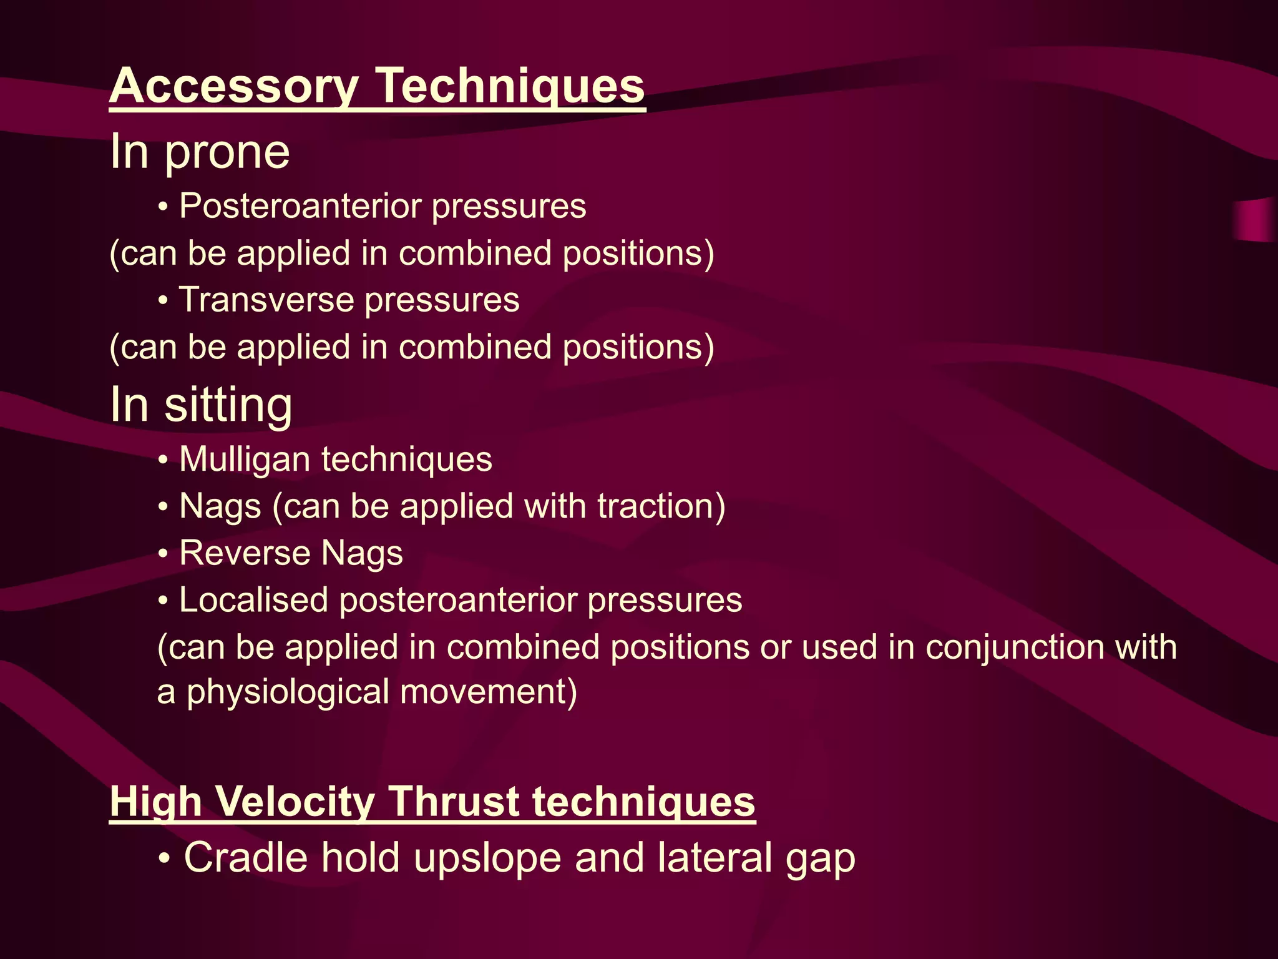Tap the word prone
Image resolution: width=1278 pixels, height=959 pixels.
click(227, 152)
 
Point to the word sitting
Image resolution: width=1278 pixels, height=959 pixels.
click(228, 405)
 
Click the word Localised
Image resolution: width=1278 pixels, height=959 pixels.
click(253, 600)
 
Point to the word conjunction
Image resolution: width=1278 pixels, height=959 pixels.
click(1015, 647)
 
